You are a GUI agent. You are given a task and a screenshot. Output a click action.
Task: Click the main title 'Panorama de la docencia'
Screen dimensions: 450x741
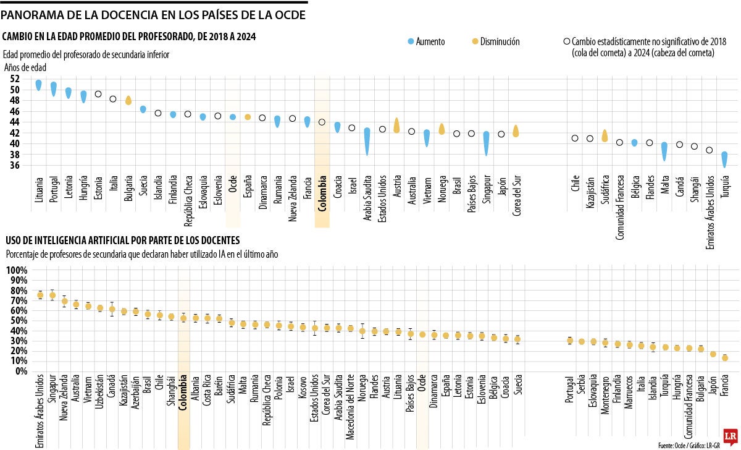(153, 14)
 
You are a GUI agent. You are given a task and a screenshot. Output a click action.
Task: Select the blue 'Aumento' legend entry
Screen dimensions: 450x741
(425, 41)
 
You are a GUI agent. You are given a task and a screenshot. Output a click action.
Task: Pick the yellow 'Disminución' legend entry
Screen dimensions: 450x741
(495, 41)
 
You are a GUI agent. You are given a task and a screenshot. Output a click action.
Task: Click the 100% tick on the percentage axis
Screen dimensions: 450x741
(16, 271)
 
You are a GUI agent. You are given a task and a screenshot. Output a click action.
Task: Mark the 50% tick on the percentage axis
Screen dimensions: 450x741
(16, 321)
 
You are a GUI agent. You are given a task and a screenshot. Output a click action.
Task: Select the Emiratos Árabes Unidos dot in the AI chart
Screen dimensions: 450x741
(40, 295)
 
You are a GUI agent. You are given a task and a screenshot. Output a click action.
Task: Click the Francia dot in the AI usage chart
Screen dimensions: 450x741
(725, 358)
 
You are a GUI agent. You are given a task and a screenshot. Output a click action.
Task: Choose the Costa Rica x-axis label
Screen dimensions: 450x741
(207, 398)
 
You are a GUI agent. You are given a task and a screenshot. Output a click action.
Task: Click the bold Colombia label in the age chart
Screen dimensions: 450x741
(321, 195)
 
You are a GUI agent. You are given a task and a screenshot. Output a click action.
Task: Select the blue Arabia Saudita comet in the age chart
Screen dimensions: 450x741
(367, 141)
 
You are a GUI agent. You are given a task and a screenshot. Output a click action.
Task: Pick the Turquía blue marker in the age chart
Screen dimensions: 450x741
(724, 159)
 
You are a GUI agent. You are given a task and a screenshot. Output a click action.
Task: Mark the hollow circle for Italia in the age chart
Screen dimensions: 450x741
(113, 99)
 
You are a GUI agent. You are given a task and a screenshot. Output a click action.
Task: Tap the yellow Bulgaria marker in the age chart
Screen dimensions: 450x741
(128, 100)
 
